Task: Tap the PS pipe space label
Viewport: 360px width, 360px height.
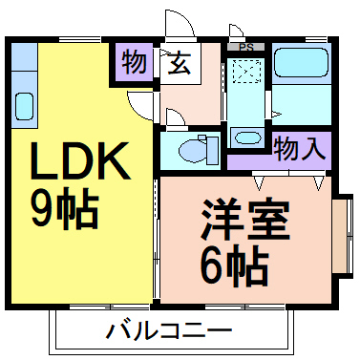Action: click(246, 47)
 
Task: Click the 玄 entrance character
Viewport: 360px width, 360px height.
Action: click(179, 64)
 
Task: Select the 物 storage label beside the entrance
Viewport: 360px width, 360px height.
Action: click(135, 64)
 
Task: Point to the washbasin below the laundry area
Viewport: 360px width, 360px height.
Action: click(247, 137)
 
